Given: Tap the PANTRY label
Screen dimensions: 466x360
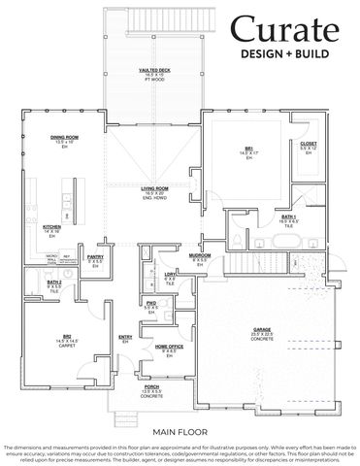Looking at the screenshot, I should coord(95,257).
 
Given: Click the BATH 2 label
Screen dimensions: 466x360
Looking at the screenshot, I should coord(54,284).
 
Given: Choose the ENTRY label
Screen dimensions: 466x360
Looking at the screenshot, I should coord(124,337).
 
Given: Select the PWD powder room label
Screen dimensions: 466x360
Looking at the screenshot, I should coord(151,303).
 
